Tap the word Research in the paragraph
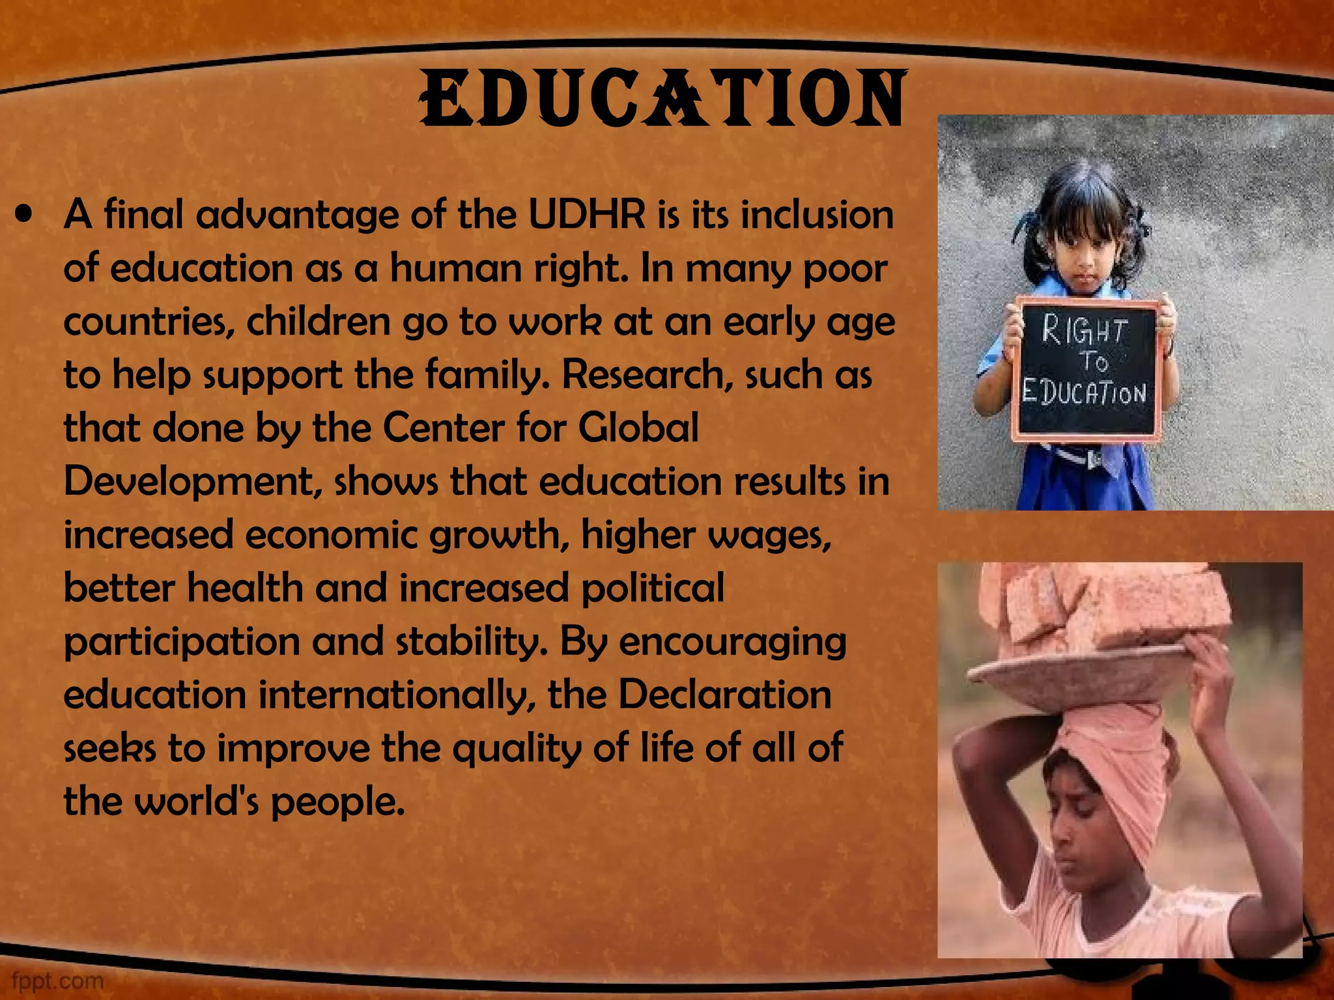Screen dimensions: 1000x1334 pyautogui.click(x=645, y=375)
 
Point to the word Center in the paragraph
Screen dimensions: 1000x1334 pyautogui.click(x=444, y=428)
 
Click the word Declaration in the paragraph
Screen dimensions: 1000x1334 pyautogui.click(x=724, y=695)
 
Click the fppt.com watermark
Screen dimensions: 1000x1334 pyautogui.click(x=58, y=980)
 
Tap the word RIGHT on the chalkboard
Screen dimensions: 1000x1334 pyautogui.click(x=1084, y=331)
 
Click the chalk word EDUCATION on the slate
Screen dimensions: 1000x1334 pyautogui.click(x=1084, y=393)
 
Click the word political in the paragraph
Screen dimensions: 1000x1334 pyautogui.click(x=652, y=589)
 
